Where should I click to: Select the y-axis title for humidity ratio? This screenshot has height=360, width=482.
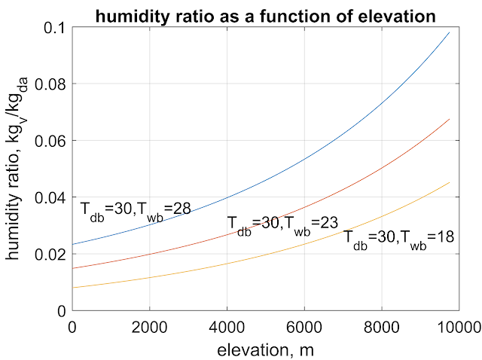pos(16,169)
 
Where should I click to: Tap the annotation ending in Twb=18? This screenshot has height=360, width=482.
pos(399,237)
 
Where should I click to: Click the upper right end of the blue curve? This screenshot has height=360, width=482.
pos(449,32)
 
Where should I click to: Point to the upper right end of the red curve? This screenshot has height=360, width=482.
pos(449,119)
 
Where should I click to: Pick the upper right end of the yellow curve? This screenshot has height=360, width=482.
pos(449,182)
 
